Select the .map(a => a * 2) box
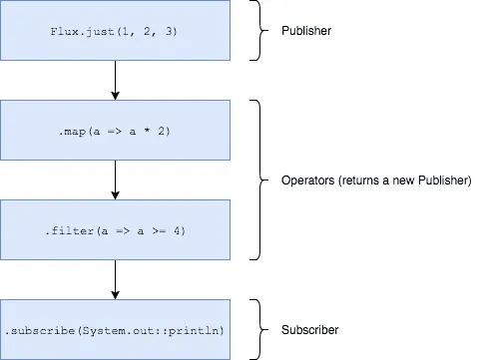tap(116, 130)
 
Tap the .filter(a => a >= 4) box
tap(116, 230)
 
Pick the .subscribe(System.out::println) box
tap(116, 329)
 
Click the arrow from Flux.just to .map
tap(116, 80)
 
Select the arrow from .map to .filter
tap(116, 180)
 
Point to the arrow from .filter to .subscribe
tap(116, 279)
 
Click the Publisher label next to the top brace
tap(306, 31)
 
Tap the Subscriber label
tap(309, 329)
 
